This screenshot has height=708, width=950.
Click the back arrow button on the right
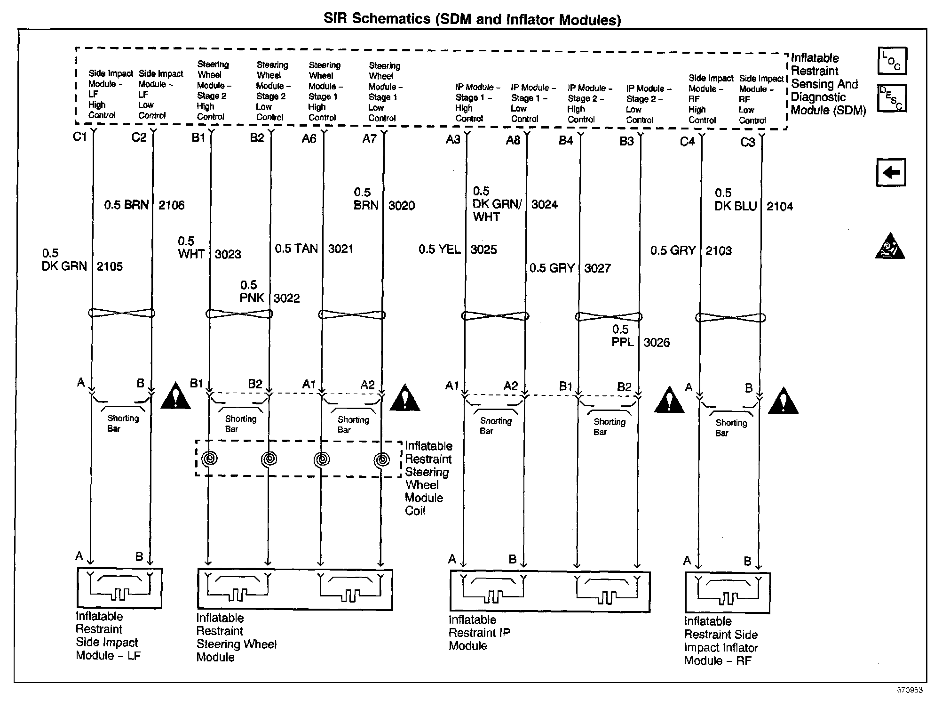891,172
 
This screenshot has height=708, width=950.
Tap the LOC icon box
892,61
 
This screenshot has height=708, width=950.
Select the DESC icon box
892,98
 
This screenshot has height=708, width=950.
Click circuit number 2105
110,266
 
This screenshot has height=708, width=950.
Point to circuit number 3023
228,254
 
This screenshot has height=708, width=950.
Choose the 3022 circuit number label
286,298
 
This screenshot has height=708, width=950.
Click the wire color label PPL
623,342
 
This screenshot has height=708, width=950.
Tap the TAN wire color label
307,249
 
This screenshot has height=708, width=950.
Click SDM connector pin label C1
80,137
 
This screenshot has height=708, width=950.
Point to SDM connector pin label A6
309,138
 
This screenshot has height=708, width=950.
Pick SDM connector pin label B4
566,140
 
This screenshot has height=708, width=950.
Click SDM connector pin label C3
748,142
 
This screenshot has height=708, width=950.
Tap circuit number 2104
779,206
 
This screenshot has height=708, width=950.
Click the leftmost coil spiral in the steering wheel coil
209,458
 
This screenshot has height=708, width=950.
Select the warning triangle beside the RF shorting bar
783,402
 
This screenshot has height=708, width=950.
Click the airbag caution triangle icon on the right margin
890,247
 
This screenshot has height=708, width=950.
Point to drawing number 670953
910,690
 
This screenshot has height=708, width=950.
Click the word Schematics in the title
390,19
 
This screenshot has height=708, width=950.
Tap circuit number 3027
597,268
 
